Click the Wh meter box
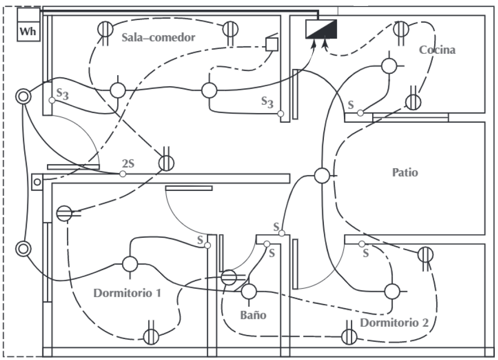click(x=29, y=25)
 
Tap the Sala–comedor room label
click(x=158, y=37)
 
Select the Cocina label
click(x=437, y=50)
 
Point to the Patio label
click(x=405, y=173)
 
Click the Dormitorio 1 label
click(x=127, y=293)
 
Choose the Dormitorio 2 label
click(x=394, y=323)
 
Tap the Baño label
click(x=253, y=315)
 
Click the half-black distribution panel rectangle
click(x=321, y=29)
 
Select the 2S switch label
click(x=128, y=163)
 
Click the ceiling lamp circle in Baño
click(x=249, y=291)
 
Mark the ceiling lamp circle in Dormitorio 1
click(x=130, y=264)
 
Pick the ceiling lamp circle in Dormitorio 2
click(x=392, y=291)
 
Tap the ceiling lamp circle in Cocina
click(x=389, y=66)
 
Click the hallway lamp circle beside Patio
click(x=322, y=175)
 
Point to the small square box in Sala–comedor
click(x=272, y=44)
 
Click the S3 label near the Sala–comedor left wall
click(x=62, y=94)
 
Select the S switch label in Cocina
click(x=351, y=105)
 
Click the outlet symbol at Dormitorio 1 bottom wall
click(x=151, y=337)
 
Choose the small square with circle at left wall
click(x=37, y=182)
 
